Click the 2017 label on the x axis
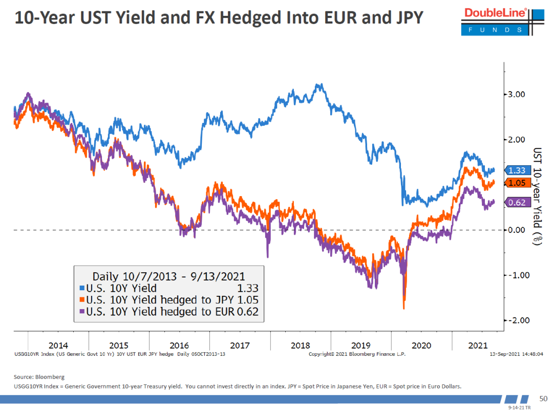pyautogui.click(x=240, y=345)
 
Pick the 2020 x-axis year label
pyautogui.click(x=421, y=345)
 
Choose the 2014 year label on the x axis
pyautogui.click(x=58, y=345)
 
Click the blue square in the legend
pyautogui.click(x=82, y=289)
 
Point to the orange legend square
pyautogui.click(x=82, y=300)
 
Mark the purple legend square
pyautogui.click(x=82, y=311)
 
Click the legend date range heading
pyautogui.click(x=168, y=276)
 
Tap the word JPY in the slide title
pyautogui.click(x=405, y=18)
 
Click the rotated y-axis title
pyautogui.click(x=537, y=197)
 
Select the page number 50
pyautogui.click(x=544, y=398)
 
